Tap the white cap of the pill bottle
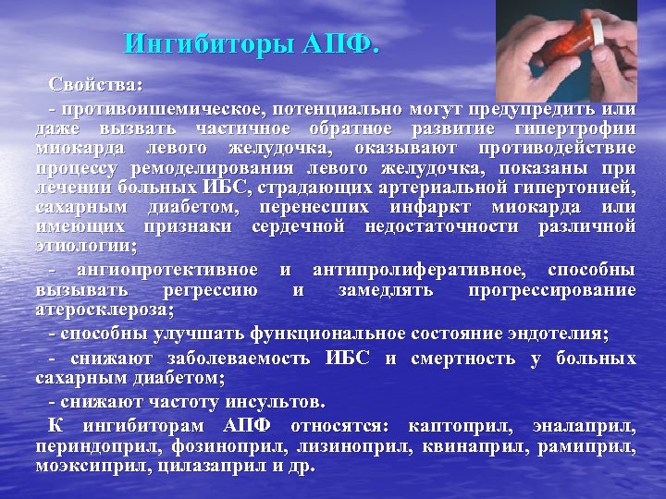tap(600, 39)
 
